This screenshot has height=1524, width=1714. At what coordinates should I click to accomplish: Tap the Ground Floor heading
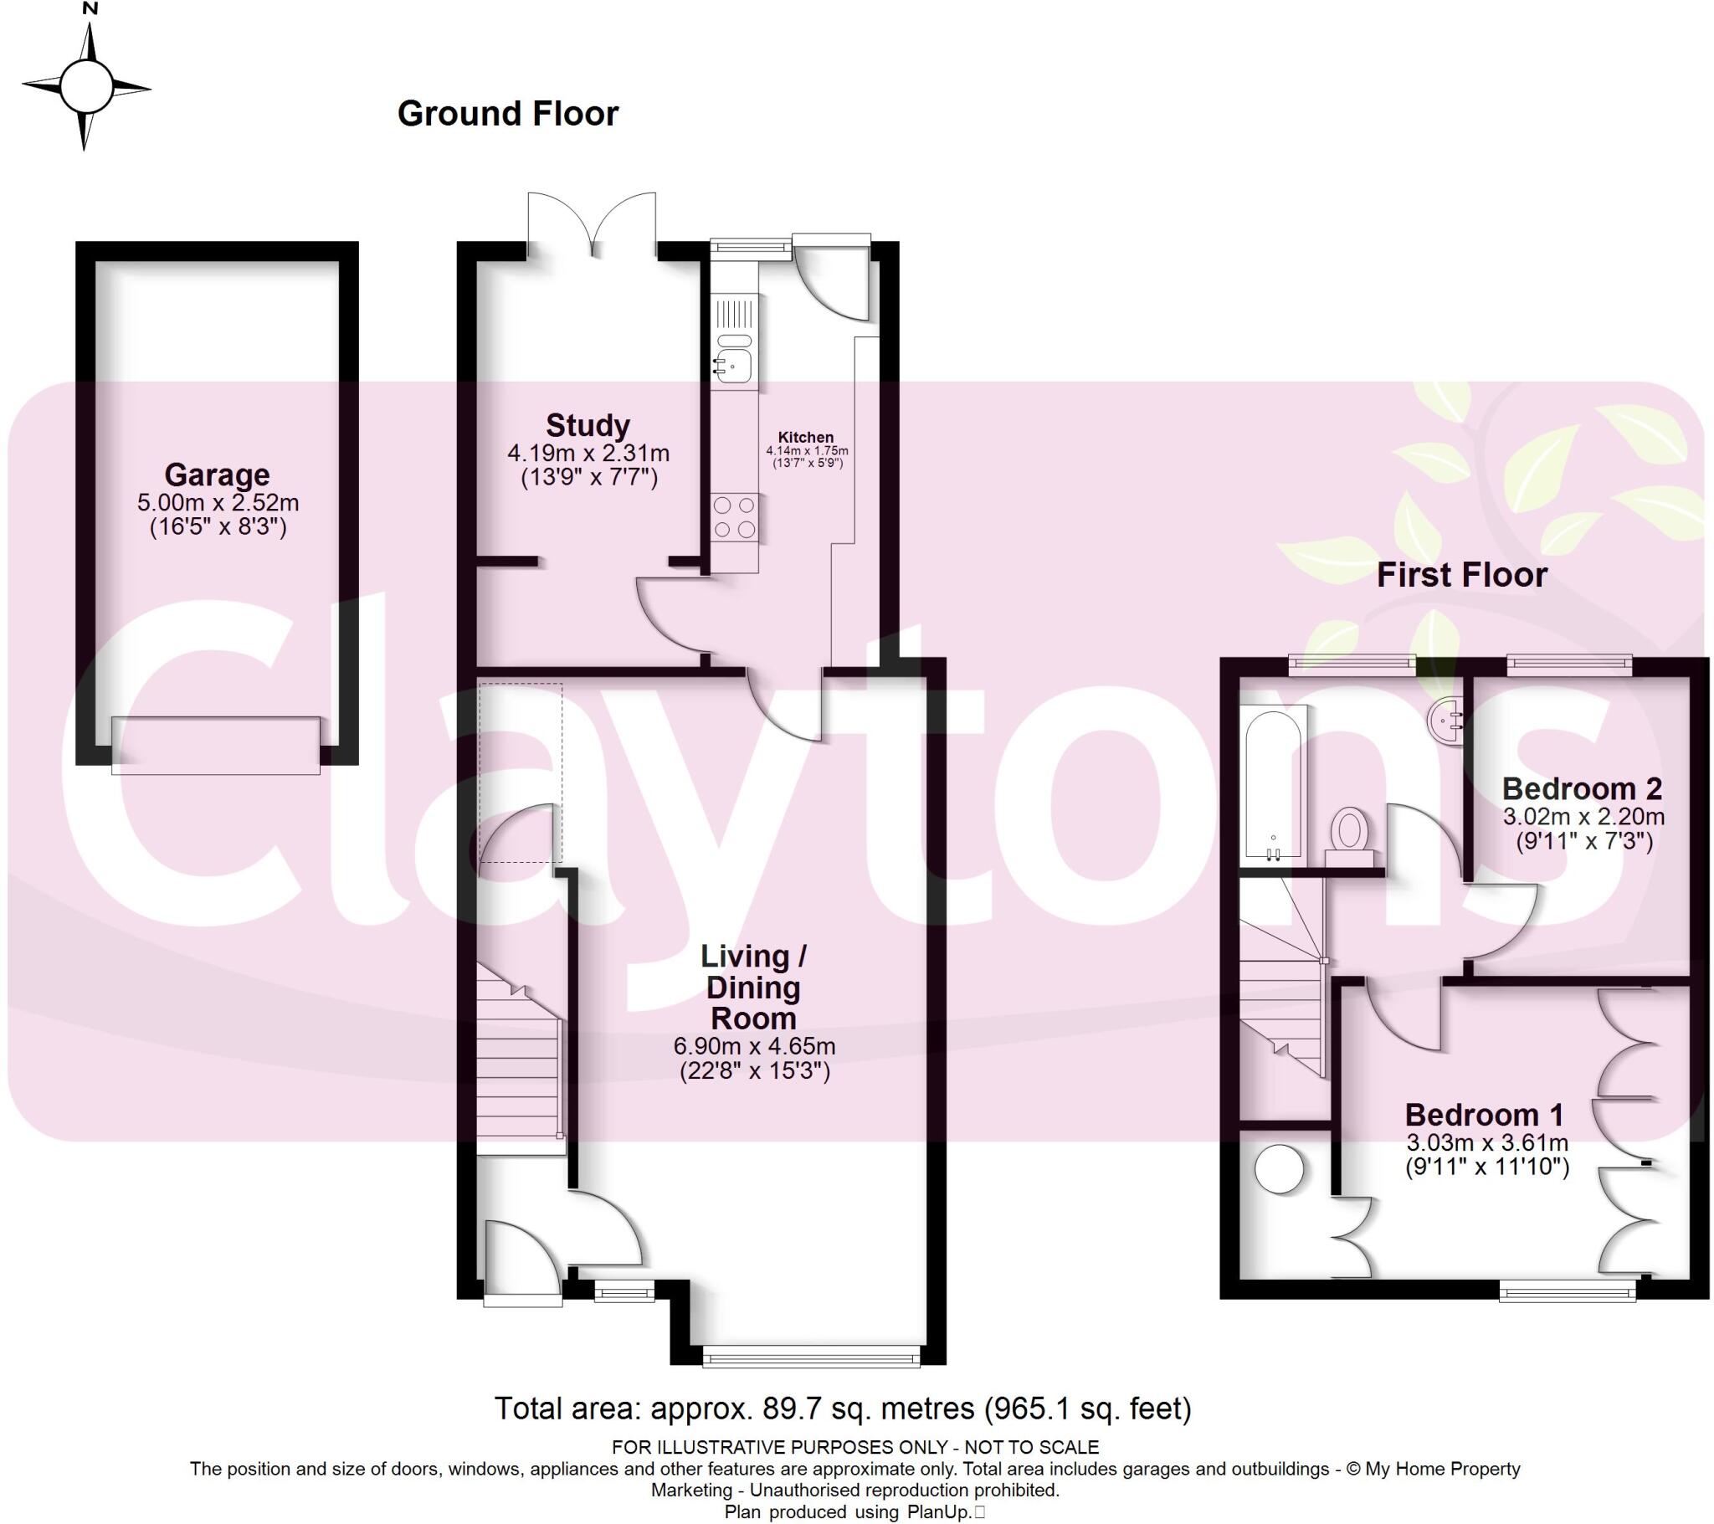tap(507, 114)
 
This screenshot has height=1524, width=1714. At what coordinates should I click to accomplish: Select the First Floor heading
tap(1460, 576)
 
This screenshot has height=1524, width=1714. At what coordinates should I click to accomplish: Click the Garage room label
tap(218, 475)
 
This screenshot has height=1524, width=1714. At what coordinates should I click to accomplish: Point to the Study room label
tap(588, 425)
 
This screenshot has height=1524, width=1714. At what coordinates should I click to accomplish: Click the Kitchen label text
tap(806, 437)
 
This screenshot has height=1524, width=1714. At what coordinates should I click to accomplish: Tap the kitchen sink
tap(732, 364)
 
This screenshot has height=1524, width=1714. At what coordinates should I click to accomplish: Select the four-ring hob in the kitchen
tap(734, 517)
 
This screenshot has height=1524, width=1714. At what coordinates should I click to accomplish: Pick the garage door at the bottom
tap(216, 745)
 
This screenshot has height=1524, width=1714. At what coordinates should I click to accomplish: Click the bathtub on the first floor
tap(1272, 785)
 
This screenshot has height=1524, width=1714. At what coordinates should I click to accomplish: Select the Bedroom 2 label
tap(1582, 788)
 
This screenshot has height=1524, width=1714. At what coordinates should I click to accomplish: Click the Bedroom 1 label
tap(1484, 1115)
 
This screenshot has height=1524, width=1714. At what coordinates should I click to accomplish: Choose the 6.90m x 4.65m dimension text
tap(754, 1047)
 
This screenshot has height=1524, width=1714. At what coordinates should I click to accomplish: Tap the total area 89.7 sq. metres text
tap(842, 1409)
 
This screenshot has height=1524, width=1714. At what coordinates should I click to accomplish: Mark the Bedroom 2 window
tap(1569, 666)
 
